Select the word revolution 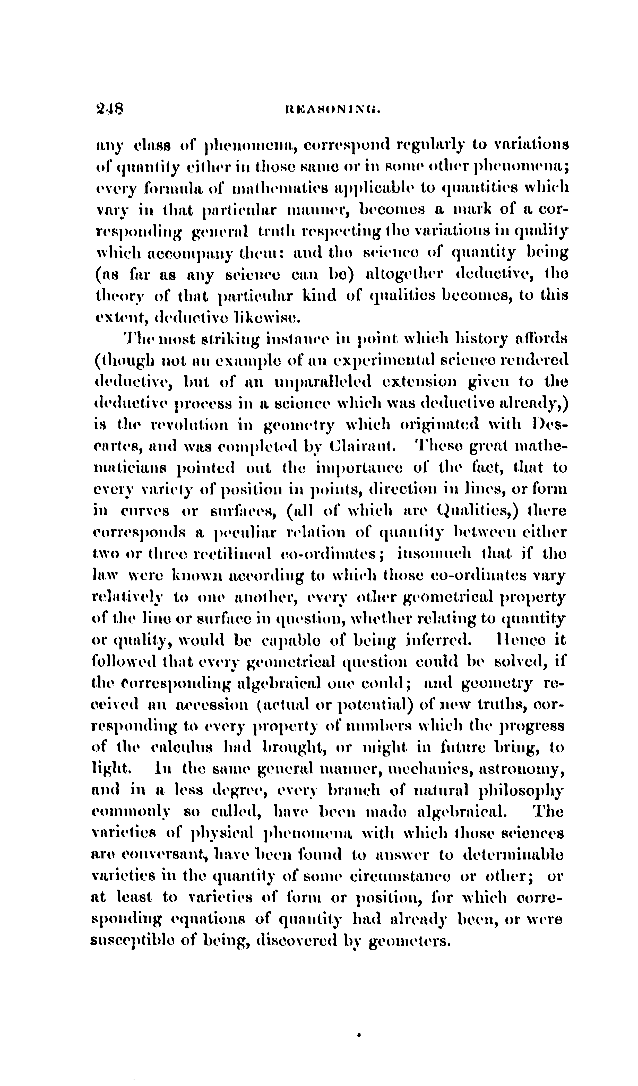pos(187,424)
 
